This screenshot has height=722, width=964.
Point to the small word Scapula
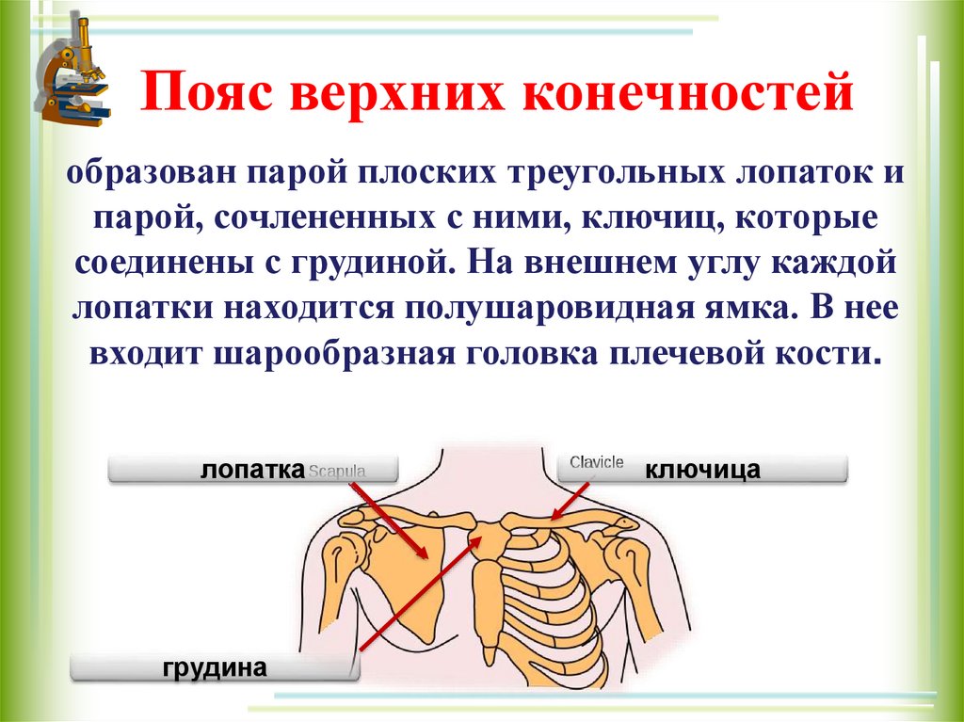pos(336,470)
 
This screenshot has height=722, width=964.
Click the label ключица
pos(702,469)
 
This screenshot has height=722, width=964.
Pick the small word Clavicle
pos(596,462)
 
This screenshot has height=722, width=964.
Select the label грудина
pos(216,667)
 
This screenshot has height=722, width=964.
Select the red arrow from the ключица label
pos(570,499)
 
